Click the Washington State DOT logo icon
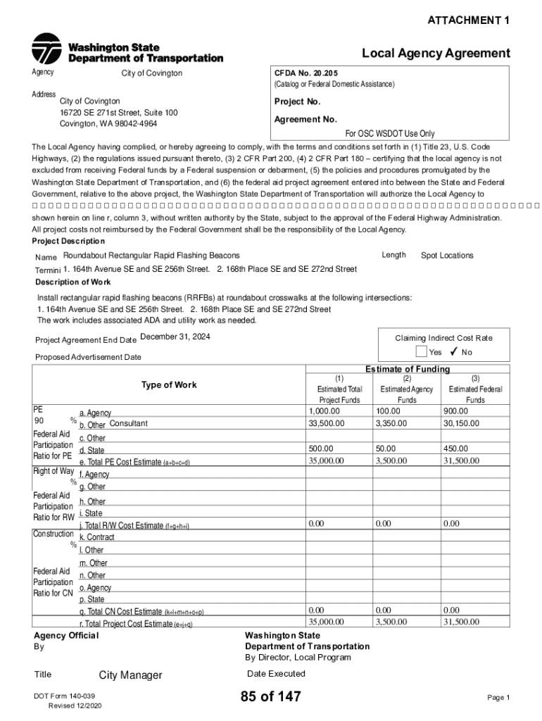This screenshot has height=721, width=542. (46, 49)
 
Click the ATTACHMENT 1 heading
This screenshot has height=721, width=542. (469, 21)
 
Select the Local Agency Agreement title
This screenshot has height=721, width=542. (436, 54)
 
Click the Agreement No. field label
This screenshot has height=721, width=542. (305, 120)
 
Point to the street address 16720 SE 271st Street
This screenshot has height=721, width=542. (118, 113)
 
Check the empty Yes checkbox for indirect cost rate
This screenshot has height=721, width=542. (421, 352)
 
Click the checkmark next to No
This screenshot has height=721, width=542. (454, 352)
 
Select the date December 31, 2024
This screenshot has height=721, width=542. (175, 337)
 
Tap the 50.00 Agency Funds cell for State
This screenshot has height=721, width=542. (386, 448)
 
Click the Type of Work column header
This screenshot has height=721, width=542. (169, 385)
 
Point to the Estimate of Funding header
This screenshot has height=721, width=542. (407, 370)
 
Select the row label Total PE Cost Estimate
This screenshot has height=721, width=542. (134, 463)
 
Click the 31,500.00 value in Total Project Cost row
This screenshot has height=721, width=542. (461, 622)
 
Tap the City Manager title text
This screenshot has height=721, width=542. (130, 676)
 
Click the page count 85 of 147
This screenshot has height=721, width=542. (270, 697)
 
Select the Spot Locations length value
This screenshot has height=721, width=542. (447, 256)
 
